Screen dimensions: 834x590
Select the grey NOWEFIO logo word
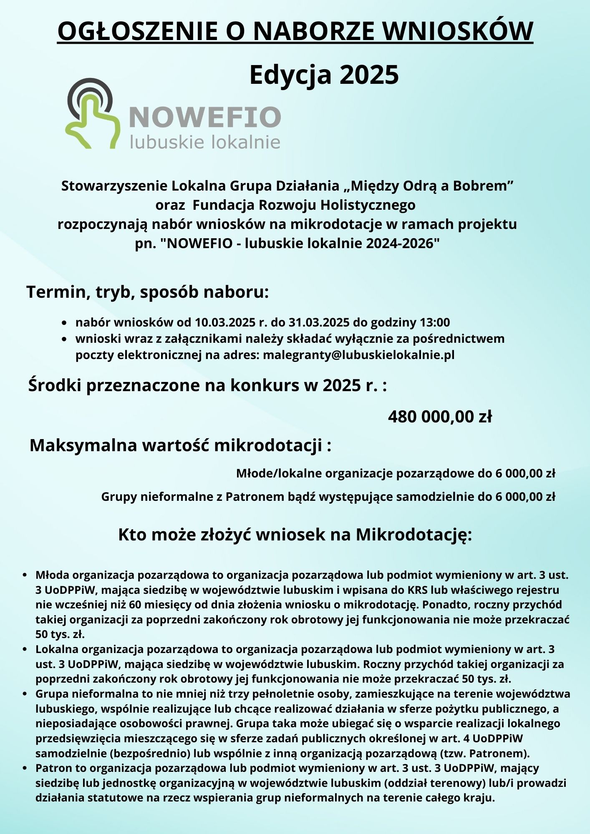pos(205,117)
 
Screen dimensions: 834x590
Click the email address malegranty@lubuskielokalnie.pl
pos(358,355)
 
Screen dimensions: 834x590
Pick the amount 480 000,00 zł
pos(440,417)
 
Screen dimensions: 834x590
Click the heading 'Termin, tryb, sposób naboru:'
pos(148,292)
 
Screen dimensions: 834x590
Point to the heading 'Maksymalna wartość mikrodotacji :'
pos(180,445)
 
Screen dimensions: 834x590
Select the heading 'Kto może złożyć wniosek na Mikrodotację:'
pos(295,535)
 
